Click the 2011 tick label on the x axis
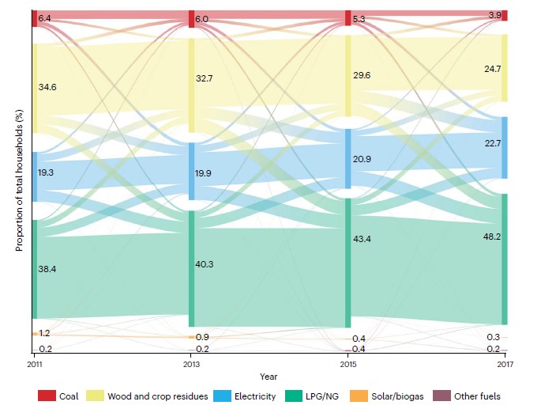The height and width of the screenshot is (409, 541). point(34,365)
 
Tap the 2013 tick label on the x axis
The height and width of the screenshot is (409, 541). point(191,365)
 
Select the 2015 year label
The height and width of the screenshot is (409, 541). point(348,365)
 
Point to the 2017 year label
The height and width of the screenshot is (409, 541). point(504,365)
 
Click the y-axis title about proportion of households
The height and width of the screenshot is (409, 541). point(19,182)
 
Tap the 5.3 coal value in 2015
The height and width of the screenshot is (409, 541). point(361,19)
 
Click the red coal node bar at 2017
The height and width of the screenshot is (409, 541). point(504,16)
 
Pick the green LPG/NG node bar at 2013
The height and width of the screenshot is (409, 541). point(191,268)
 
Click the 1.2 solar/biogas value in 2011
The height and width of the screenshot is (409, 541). point(45,334)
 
